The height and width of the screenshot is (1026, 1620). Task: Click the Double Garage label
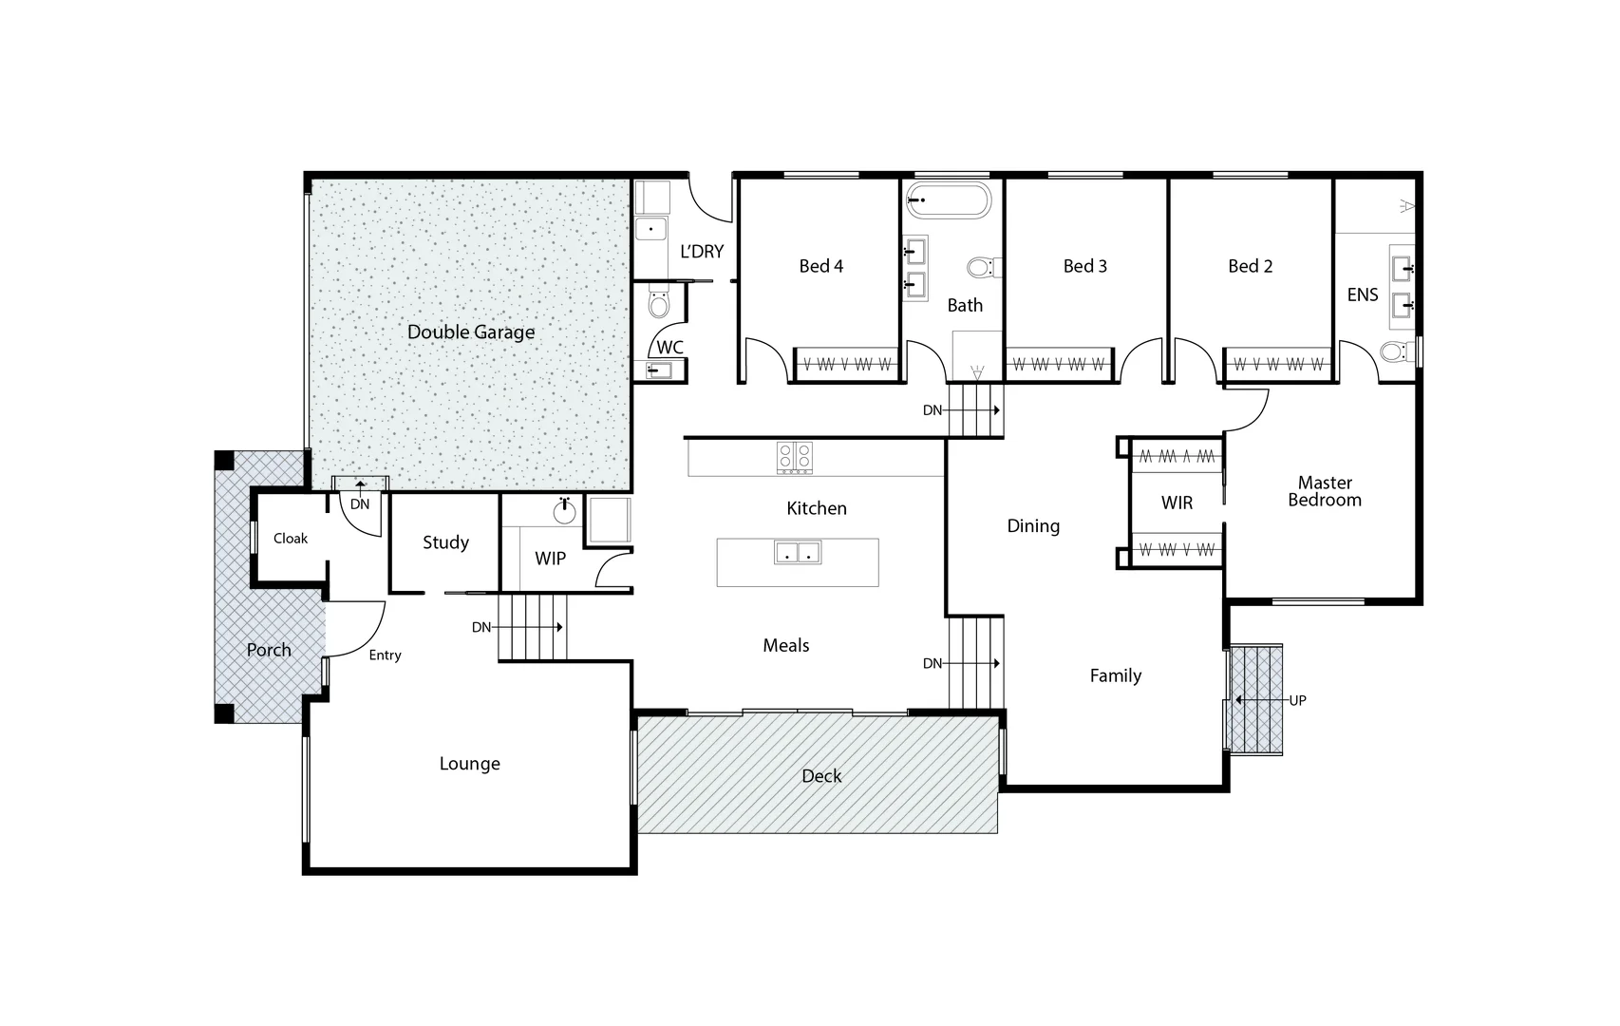coord(471,332)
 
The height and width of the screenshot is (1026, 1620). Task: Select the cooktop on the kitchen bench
coord(795,457)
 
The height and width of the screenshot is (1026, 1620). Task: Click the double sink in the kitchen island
coord(798,552)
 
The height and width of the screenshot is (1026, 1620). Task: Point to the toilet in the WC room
coord(658,304)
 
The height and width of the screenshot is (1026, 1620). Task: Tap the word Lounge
coord(469,764)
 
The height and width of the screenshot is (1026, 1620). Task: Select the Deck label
coord(821,776)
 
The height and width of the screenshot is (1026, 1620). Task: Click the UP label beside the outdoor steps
coord(1297,700)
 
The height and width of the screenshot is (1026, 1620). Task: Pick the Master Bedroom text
coord(1325,491)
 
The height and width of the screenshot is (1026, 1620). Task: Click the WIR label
coord(1177,503)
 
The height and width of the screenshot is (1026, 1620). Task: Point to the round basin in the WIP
coord(565,512)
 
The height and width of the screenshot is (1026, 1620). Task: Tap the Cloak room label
coord(291,539)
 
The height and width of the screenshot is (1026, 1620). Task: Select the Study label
coord(445,542)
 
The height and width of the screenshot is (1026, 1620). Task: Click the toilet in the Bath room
coord(981,267)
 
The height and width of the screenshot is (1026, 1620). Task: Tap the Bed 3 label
coord(1085,266)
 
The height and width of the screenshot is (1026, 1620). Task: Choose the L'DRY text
coord(702,252)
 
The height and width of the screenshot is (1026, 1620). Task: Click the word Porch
coord(269,650)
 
